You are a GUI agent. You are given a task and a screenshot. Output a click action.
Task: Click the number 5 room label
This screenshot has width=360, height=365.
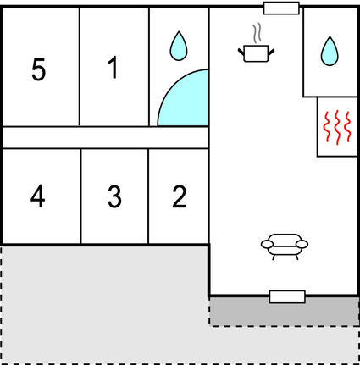pos(38,69)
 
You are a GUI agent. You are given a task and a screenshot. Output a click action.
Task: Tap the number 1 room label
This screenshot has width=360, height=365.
pos(113,67)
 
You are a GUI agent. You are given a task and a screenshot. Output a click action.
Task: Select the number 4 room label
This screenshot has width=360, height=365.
pos(38,196)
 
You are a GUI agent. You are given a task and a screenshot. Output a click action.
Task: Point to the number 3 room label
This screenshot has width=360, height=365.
pos(114,196)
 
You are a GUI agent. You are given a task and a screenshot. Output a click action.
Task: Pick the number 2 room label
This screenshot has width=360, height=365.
pos(180,196)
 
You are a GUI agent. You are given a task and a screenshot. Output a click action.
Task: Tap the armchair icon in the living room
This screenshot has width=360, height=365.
pos(285,246)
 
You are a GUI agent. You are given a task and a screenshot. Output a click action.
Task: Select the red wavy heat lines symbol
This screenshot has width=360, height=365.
pos(337,128)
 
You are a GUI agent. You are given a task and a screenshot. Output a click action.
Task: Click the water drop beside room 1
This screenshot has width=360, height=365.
pos(179,46)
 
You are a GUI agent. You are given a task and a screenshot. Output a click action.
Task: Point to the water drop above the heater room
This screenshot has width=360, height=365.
pos(330,51)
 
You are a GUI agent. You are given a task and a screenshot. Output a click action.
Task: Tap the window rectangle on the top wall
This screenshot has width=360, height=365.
pos(281,8)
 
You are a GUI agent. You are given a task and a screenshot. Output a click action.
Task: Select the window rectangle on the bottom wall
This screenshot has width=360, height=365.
pos(287,297)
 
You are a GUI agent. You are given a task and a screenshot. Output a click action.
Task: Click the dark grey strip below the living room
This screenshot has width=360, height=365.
pos(284,312)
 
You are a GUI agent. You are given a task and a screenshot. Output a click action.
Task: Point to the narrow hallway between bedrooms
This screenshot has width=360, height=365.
pos(106,137)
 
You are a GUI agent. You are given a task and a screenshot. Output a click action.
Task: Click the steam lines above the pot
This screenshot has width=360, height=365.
pos(257,33)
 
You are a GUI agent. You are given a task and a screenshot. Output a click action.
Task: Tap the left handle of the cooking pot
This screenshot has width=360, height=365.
pos(241,52)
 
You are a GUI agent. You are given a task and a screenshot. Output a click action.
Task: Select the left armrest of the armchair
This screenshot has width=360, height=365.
pos(267,244)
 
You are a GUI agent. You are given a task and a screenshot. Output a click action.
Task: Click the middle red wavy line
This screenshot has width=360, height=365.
pos(337,128)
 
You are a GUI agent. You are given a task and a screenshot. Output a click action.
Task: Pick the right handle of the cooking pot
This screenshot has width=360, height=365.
pos(271,53)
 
